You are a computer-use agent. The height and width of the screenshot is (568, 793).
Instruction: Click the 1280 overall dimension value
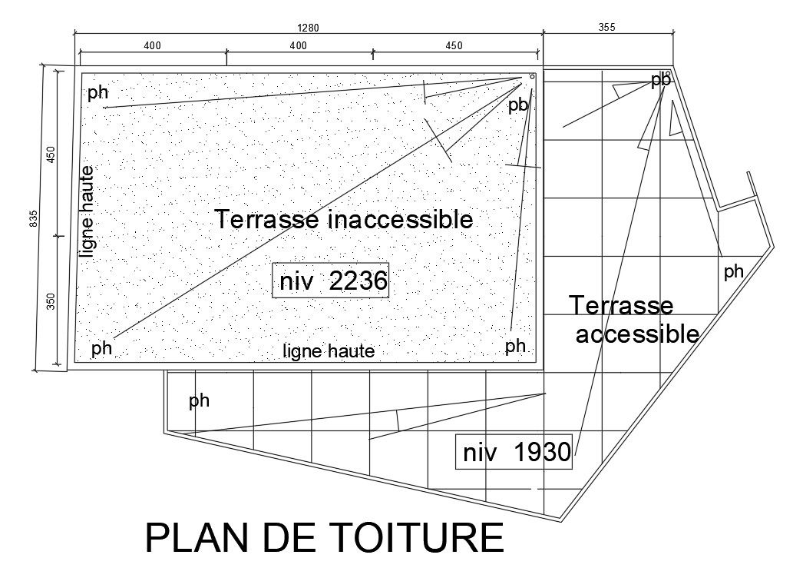308,28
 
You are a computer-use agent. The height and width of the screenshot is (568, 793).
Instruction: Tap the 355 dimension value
607,28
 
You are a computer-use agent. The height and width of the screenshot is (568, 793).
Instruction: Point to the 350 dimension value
51,301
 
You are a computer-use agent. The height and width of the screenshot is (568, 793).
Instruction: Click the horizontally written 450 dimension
454,46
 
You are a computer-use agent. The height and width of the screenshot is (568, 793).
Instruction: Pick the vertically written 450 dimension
51,154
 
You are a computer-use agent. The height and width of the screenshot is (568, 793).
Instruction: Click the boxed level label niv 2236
332,281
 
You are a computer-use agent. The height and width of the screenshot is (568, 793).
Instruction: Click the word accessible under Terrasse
637,334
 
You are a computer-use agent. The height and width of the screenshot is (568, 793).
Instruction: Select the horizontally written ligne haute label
329,352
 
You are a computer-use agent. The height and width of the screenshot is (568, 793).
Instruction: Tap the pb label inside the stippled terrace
518,105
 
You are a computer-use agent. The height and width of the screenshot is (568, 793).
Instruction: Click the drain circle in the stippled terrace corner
531,78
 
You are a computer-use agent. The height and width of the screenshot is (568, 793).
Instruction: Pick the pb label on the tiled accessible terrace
660,80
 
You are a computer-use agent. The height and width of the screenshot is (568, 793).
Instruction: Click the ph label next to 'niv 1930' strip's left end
199,400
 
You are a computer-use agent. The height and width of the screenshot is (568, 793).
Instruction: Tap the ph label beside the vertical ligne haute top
97,93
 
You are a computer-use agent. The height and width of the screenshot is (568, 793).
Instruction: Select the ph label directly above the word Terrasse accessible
734,271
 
